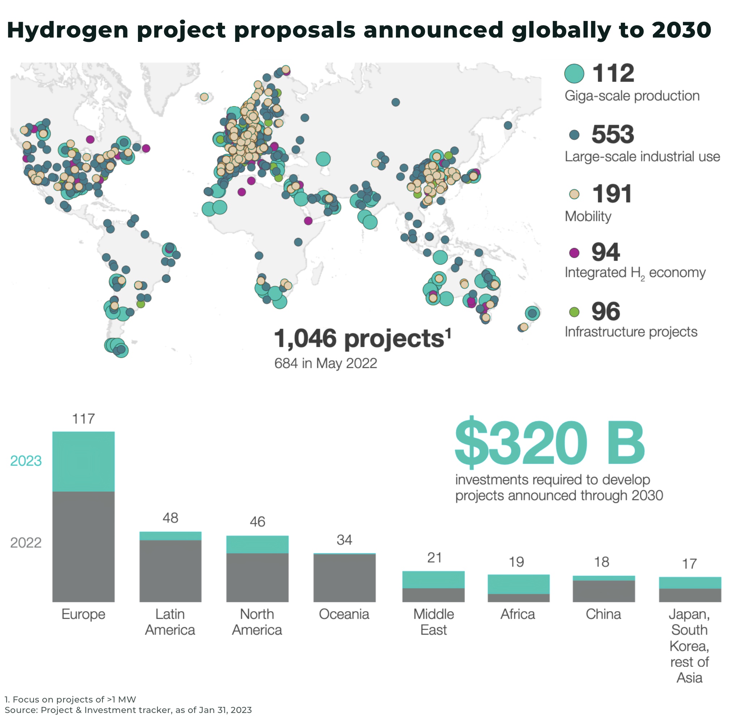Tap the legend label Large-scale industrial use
tap(642, 157)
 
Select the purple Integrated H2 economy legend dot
tap(574, 253)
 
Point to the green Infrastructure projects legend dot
tap(574, 312)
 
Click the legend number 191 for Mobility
tap(612, 194)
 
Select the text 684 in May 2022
tap(326, 363)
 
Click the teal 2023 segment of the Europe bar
tap(83, 461)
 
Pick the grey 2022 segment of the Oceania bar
tap(344, 578)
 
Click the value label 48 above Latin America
tap(171, 518)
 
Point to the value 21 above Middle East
tap(434, 558)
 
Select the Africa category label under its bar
tap(518, 614)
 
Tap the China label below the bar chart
tap(603, 614)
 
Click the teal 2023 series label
tap(26, 461)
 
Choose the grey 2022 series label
tap(26, 543)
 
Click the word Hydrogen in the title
tap(68, 30)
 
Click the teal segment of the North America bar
tap(257, 544)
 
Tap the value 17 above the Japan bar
tap(689, 564)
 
